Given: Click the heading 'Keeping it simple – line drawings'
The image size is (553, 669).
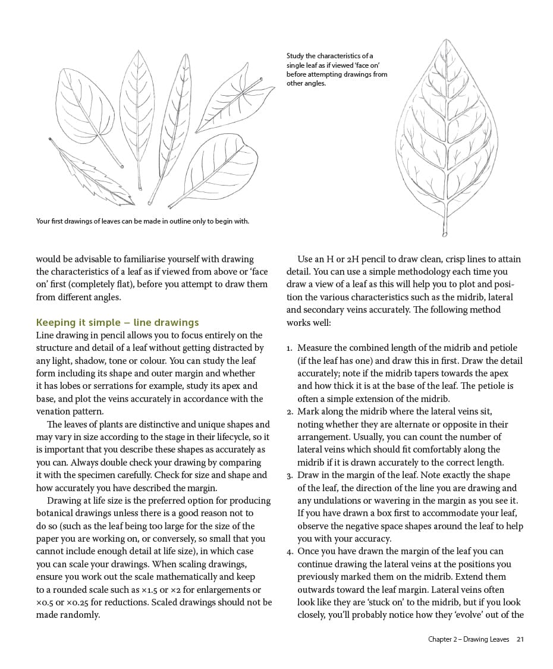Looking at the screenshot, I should tap(117, 322).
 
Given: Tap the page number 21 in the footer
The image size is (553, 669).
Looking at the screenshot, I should tap(520, 639).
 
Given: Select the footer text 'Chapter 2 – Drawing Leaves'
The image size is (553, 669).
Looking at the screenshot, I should tap(469, 639).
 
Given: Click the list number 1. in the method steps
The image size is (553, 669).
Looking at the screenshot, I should tap(289, 348).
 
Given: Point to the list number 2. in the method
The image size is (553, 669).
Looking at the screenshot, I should tap(289, 412).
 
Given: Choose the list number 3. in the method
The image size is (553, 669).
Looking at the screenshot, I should tap(289, 475).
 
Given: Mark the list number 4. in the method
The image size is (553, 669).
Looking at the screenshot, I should tap(289, 551).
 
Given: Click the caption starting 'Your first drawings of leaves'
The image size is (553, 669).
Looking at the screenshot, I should tap(142, 221).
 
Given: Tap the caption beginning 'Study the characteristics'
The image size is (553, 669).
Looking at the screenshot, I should tap(337, 70).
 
